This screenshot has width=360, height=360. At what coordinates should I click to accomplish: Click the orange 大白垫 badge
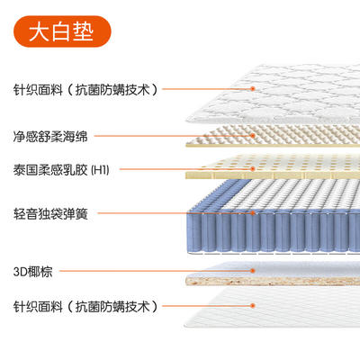62,31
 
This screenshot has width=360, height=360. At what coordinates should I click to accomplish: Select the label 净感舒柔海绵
50,136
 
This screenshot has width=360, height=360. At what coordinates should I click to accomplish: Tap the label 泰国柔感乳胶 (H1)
61,170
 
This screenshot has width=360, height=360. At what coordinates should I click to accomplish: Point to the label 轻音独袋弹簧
50,213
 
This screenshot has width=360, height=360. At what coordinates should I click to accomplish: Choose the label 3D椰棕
32,272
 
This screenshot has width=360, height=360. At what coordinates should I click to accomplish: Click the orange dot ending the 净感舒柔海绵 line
253,136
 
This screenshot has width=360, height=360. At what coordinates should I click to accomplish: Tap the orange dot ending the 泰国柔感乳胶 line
253,169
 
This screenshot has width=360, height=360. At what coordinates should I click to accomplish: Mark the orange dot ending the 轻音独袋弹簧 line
253,213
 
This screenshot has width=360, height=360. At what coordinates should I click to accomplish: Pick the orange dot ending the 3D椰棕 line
253,271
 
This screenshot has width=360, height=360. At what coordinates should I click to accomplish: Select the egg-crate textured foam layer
273,137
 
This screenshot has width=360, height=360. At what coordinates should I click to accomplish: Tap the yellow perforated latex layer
273,167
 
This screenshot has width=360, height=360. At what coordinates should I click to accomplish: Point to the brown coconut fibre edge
273,282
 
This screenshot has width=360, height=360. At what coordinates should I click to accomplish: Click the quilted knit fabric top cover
273,94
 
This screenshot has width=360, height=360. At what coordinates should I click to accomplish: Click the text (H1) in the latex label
100,170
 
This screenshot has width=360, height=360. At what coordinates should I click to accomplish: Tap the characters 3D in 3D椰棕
20,272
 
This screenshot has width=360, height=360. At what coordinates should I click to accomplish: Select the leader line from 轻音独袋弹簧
175,213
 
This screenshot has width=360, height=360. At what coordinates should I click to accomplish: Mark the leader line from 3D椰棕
156,271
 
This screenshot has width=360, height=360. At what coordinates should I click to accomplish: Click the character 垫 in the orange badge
83,31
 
